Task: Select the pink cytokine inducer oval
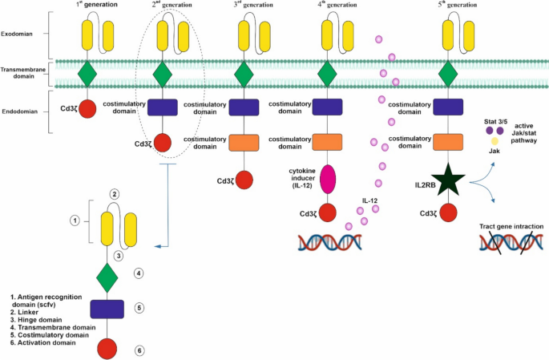(327, 179)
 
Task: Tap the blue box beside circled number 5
(107, 309)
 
